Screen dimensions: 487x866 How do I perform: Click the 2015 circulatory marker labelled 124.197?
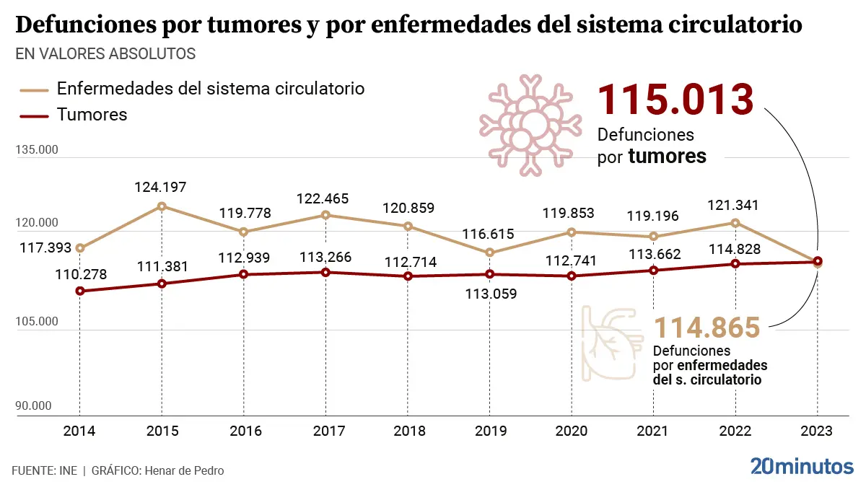tap(162, 206)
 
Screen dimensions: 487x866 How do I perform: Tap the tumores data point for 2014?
tap(80, 291)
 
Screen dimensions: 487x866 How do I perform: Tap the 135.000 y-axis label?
tap(36, 151)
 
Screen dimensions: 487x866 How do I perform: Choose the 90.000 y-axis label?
tap(33, 406)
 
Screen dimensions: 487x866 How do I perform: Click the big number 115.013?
tap(675, 99)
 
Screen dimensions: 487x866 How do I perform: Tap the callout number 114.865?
tap(707, 328)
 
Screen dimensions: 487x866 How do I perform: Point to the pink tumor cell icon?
tap(532, 124)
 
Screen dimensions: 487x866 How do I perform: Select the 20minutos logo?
tap(801, 466)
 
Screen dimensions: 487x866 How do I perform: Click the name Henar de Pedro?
tap(184, 470)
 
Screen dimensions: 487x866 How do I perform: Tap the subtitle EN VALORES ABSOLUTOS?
tap(105, 54)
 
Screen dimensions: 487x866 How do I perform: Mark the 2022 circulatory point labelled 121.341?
tap(735, 223)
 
